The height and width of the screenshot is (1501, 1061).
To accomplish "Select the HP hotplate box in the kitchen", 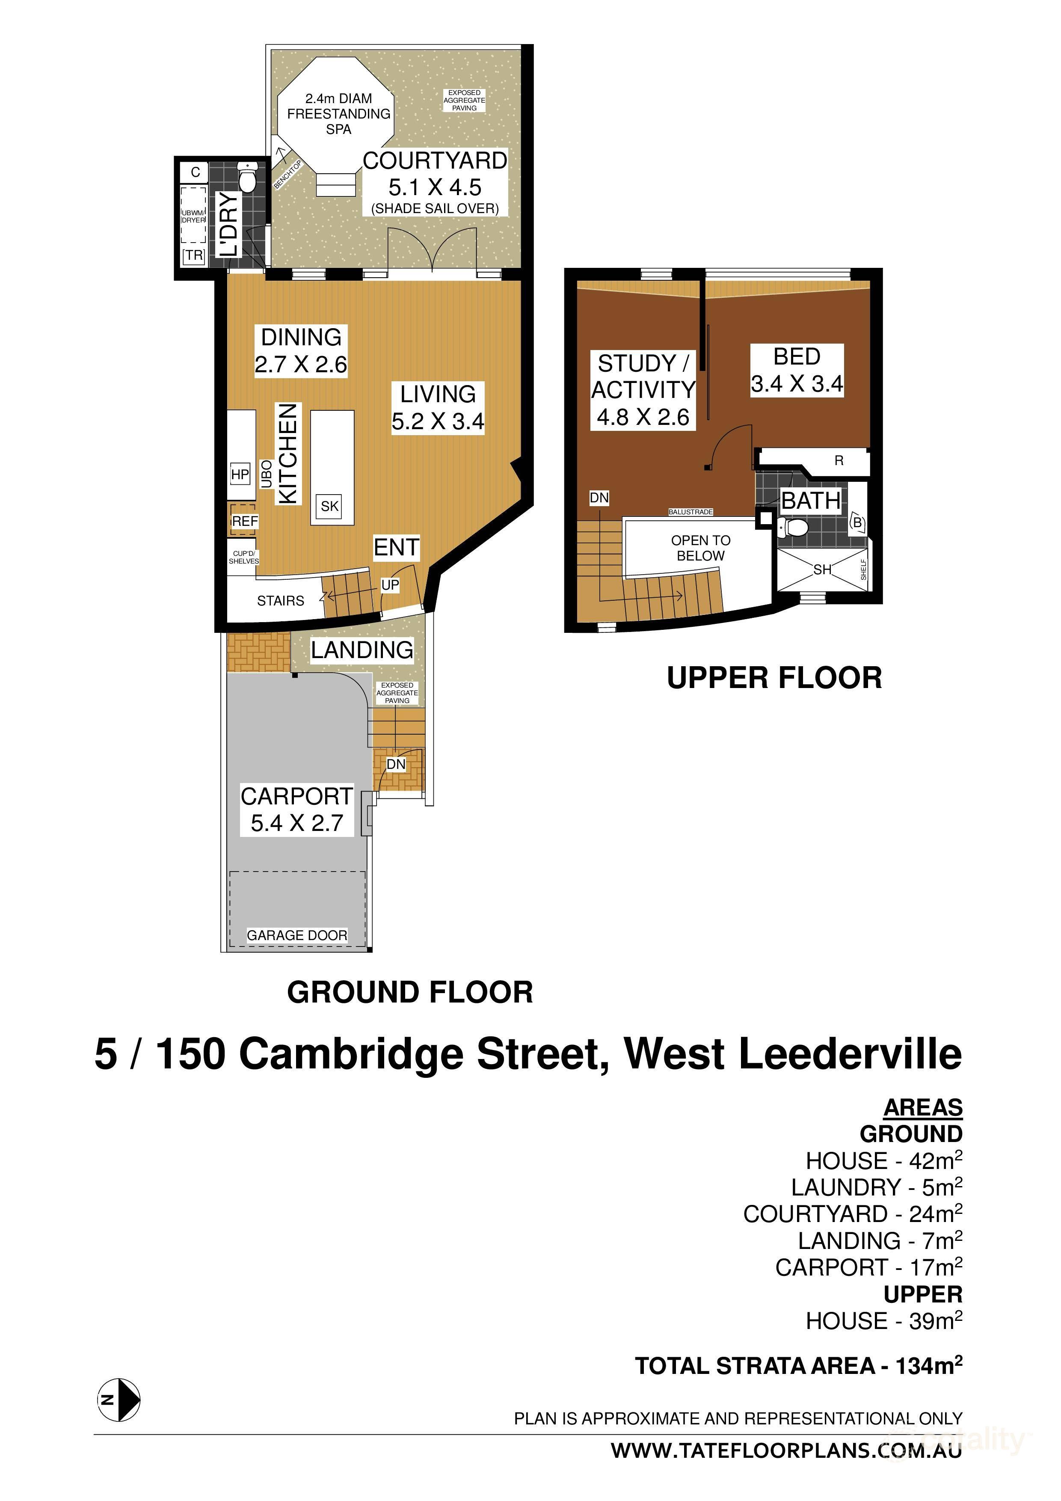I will click(240, 475).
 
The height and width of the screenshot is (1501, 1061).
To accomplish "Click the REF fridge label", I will click(244, 521).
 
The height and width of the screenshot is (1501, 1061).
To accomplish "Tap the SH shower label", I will click(822, 570).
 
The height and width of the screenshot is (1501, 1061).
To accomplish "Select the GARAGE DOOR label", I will click(297, 935).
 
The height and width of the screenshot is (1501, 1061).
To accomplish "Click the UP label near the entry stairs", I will click(390, 585).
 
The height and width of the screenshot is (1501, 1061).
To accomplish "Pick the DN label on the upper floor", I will click(599, 498).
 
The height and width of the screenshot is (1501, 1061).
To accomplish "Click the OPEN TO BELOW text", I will click(700, 548).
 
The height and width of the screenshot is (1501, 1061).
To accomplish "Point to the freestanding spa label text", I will click(339, 114).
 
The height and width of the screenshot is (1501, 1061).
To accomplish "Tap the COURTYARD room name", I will click(435, 161).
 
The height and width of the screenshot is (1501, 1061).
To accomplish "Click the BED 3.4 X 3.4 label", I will click(796, 370).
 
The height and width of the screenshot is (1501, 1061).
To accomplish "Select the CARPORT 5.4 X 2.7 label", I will click(297, 810).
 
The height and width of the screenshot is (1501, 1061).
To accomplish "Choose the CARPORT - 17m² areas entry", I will click(868, 1267).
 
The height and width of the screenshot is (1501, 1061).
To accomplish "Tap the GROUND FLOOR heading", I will click(410, 992).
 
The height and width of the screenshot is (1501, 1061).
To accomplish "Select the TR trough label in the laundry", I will click(193, 255).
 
